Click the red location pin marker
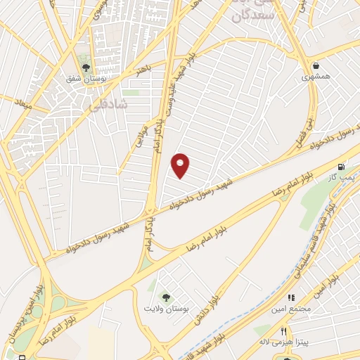pyautogui.click(x=181, y=165)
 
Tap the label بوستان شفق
pyautogui.click(x=87, y=81)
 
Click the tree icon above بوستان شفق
pyautogui.click(x=86, y=68)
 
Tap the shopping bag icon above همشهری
pyautogui.click(x=316, y=66)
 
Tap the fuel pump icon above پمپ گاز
pyautogui.click(x=342, y=167)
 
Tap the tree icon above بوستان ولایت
pyautogui.click(x=166, y=297)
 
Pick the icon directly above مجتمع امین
pyautogui.click(x=290, y=298)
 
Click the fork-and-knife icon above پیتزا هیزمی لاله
pyautogui.click(x=283, y=330)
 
